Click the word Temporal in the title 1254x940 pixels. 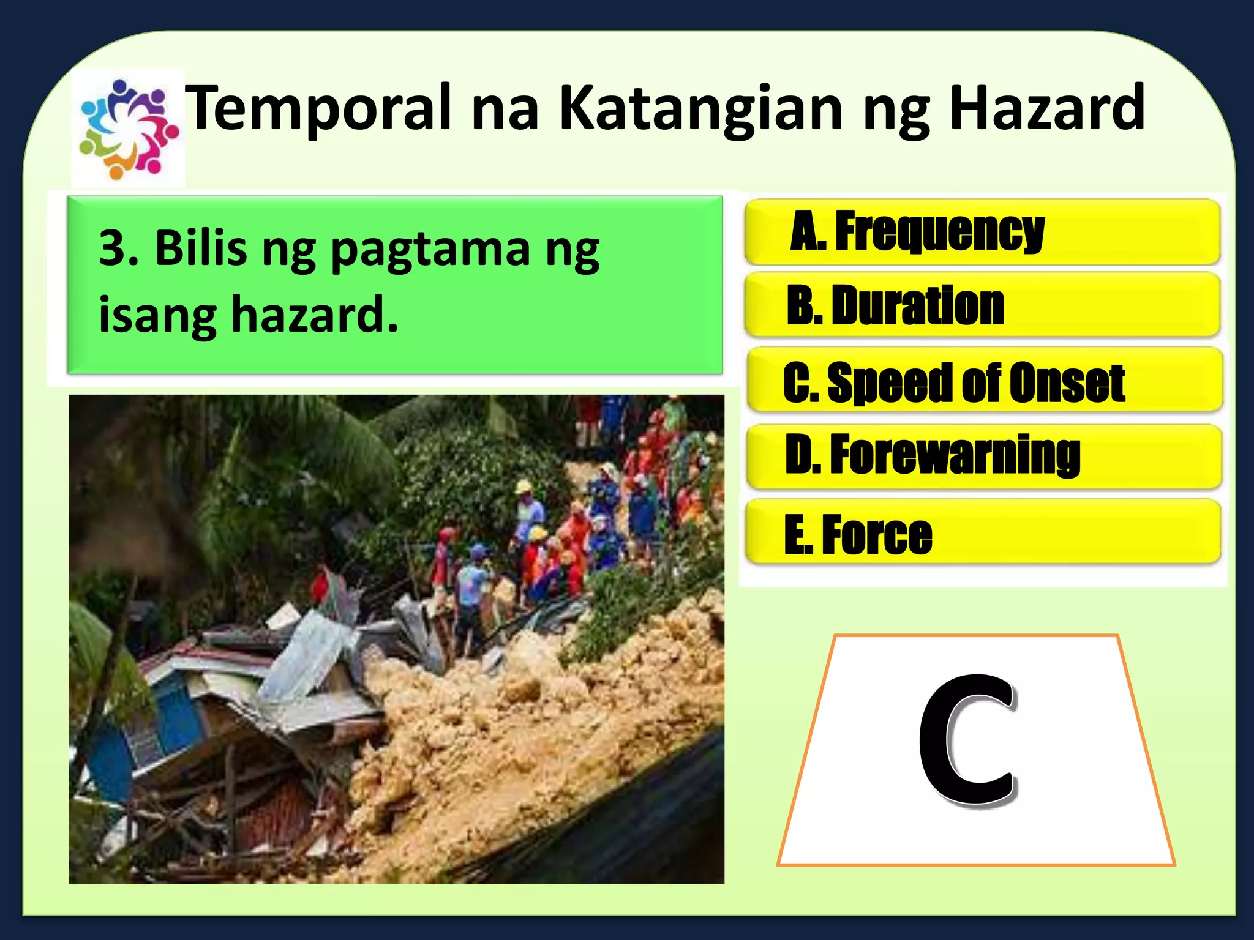pyautogui.click(x=318, y=108)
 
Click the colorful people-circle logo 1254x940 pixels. pyautogui.click(x=128, y=129)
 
